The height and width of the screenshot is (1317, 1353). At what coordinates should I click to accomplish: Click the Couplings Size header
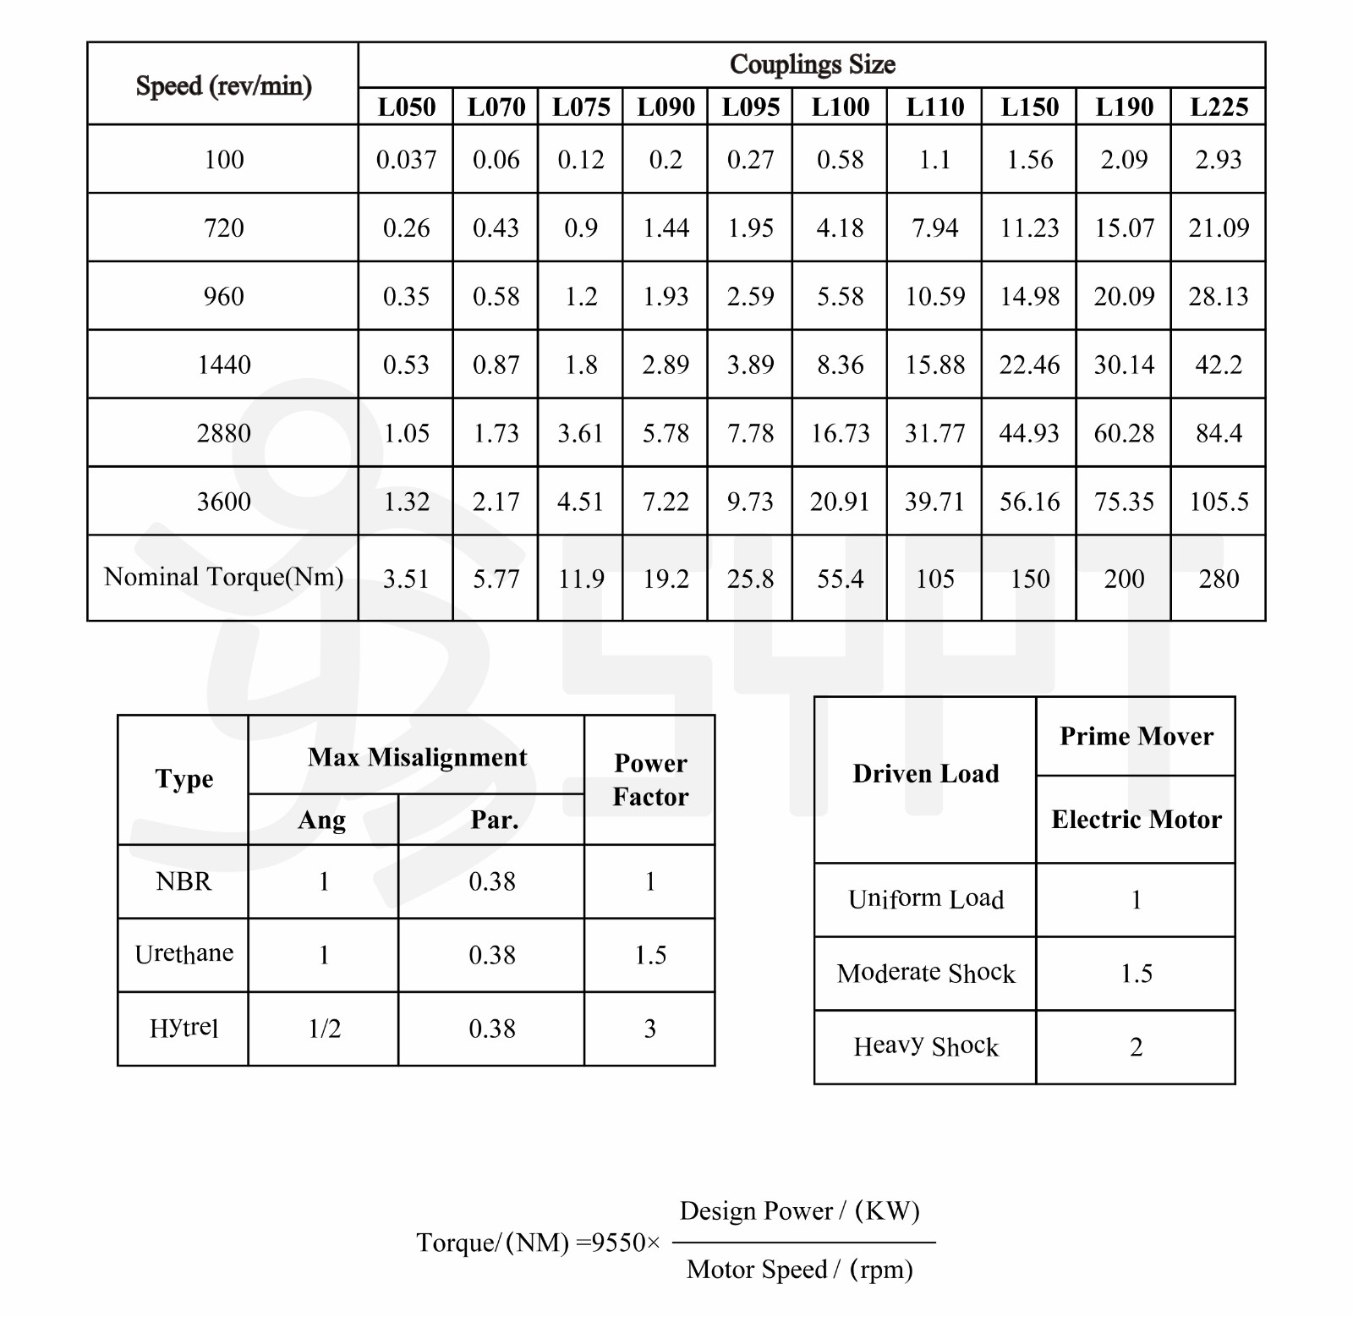812,64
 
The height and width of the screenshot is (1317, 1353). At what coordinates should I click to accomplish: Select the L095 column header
750,107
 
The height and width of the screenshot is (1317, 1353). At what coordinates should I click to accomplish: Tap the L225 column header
1219,107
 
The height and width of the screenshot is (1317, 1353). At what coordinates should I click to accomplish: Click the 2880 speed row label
223,433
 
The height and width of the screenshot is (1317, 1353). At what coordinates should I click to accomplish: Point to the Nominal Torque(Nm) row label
223,577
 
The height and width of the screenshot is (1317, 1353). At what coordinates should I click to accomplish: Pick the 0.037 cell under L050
406,159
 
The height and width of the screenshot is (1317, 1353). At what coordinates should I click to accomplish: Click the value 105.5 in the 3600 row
1219,502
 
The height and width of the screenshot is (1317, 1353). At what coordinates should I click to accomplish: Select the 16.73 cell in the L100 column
840,433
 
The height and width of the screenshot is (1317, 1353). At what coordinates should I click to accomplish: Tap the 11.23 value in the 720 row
1029,228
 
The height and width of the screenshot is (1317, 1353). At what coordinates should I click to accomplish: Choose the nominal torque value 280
1219,579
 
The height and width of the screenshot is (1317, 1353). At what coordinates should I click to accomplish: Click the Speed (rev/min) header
223,85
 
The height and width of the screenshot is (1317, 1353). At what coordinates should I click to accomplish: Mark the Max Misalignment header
417,757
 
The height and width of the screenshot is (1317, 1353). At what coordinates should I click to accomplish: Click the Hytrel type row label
184,1028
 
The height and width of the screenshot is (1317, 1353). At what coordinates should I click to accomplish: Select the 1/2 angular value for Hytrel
324,1029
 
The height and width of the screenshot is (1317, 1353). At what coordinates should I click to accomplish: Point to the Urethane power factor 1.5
650,955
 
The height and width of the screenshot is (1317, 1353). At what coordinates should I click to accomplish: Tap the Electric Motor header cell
1136,819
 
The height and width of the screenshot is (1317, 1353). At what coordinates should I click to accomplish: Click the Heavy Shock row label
926,1046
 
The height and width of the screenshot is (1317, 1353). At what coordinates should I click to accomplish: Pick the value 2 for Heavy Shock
1136,1047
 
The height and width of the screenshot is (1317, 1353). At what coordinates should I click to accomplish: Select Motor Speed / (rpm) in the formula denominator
799,1270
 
